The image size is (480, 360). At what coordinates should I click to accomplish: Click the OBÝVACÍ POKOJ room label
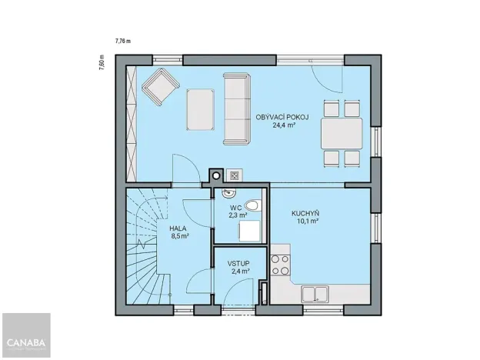point(282,117)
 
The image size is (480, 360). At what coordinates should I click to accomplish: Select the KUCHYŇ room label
point(305,213)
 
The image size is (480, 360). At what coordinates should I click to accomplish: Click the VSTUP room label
point(238,263)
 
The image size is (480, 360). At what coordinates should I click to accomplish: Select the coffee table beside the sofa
point(202,108)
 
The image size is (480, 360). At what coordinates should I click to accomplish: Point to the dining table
point(342,133)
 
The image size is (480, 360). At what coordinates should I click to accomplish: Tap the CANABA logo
point(26,342)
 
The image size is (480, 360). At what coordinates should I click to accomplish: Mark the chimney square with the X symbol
point(235,175)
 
